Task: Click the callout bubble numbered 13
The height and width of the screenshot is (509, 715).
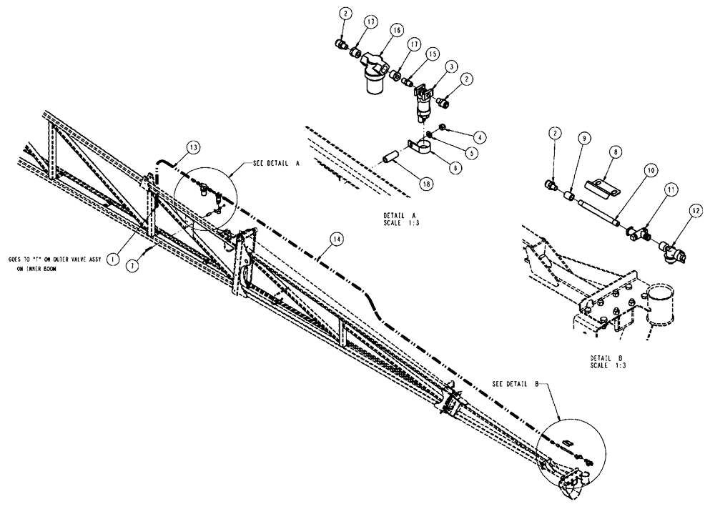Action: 193,147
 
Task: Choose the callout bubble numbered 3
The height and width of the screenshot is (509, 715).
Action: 452,67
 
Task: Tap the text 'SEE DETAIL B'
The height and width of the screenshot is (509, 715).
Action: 516,383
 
